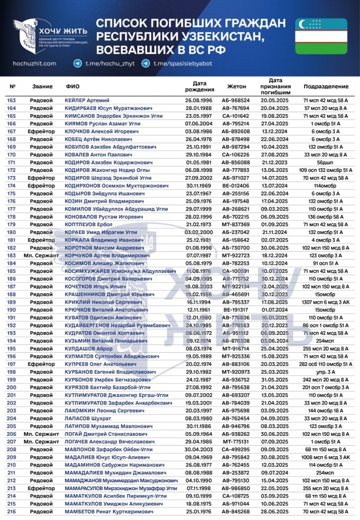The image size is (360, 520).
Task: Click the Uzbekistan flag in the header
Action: point(321,36)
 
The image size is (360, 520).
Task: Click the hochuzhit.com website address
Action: point(34,64)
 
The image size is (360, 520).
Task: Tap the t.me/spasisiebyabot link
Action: point(182,64)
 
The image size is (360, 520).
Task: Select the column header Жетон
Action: point(237,86)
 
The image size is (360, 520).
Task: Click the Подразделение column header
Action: point(326,86)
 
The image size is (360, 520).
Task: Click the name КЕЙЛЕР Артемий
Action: point(87,100)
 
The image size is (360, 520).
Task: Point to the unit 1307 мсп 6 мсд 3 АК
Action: point(326,302)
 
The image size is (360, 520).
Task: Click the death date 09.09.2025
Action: point(274,449)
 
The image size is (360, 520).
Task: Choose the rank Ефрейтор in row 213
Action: point(41,488)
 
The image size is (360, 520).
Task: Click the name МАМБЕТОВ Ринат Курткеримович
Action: point(109,511)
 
